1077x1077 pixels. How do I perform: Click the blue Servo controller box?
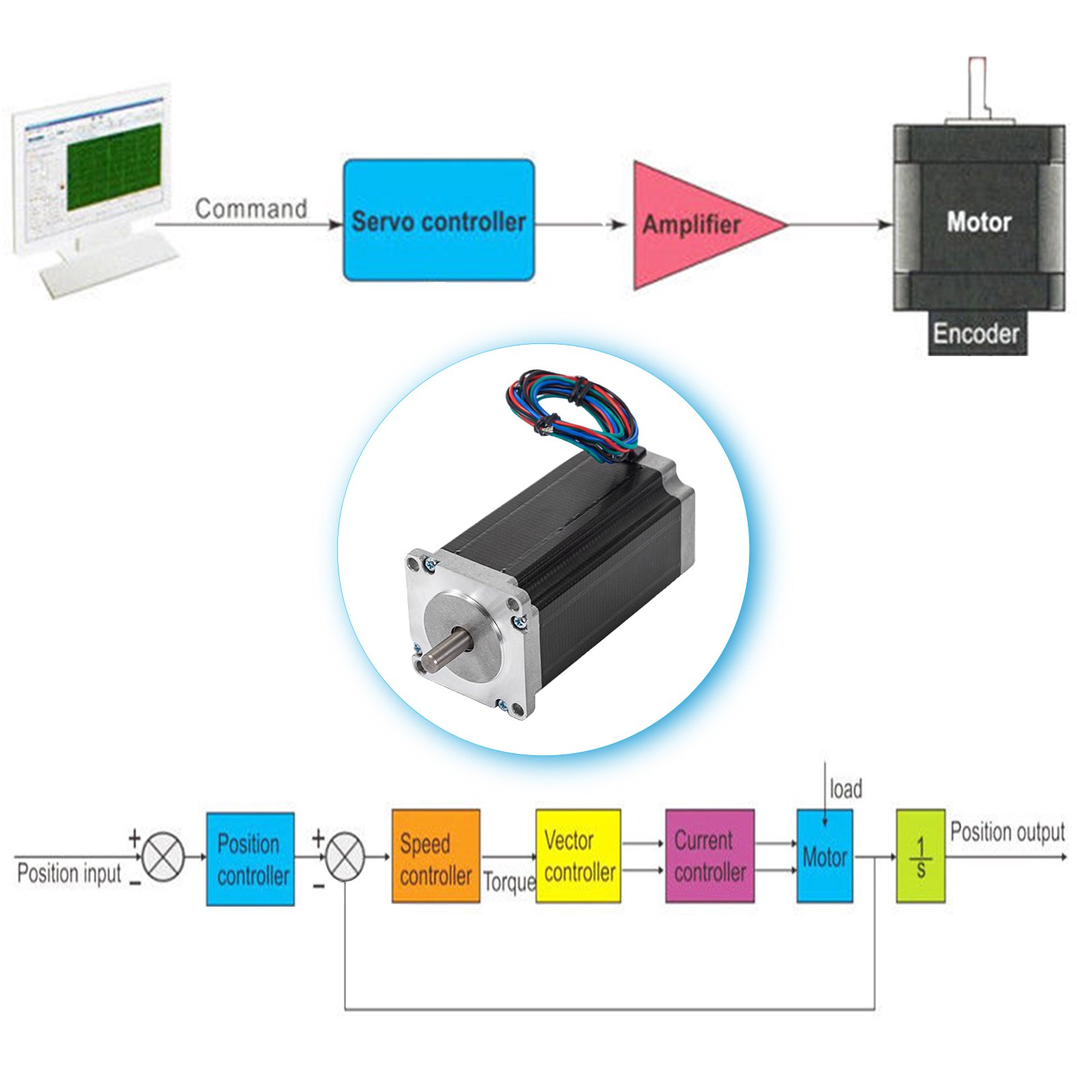coord(439,221)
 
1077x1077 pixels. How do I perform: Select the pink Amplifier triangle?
coord(693,225)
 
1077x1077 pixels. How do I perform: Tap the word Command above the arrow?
coord(251,209)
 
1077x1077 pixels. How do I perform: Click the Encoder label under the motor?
coord(976,333)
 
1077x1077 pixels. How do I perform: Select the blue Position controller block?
coord(250,859)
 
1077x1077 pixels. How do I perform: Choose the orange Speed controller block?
coord(436,856)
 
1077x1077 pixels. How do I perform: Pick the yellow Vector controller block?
coord(578,856)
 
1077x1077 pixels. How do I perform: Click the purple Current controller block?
coord(709,856)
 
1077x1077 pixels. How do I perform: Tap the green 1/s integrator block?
coord(920,856)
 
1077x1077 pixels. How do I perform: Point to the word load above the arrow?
coord(845,789)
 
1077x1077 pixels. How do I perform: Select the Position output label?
coord(1007,832)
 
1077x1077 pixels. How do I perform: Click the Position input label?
coord(69,874)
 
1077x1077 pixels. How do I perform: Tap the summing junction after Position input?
coord(164,858)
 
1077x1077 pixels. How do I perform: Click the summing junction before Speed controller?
coord(345,858)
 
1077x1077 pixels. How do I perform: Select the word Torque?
coord(509,882)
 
